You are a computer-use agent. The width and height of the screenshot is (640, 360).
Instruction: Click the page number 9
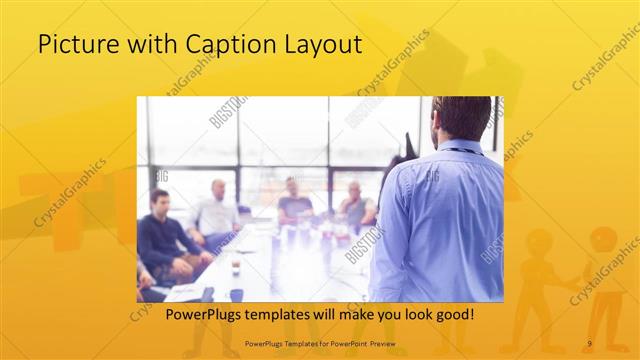pos(589,344)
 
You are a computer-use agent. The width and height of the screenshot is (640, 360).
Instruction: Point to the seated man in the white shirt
pos(217,212)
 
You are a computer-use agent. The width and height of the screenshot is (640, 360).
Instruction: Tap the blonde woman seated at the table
pos(355,205)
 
